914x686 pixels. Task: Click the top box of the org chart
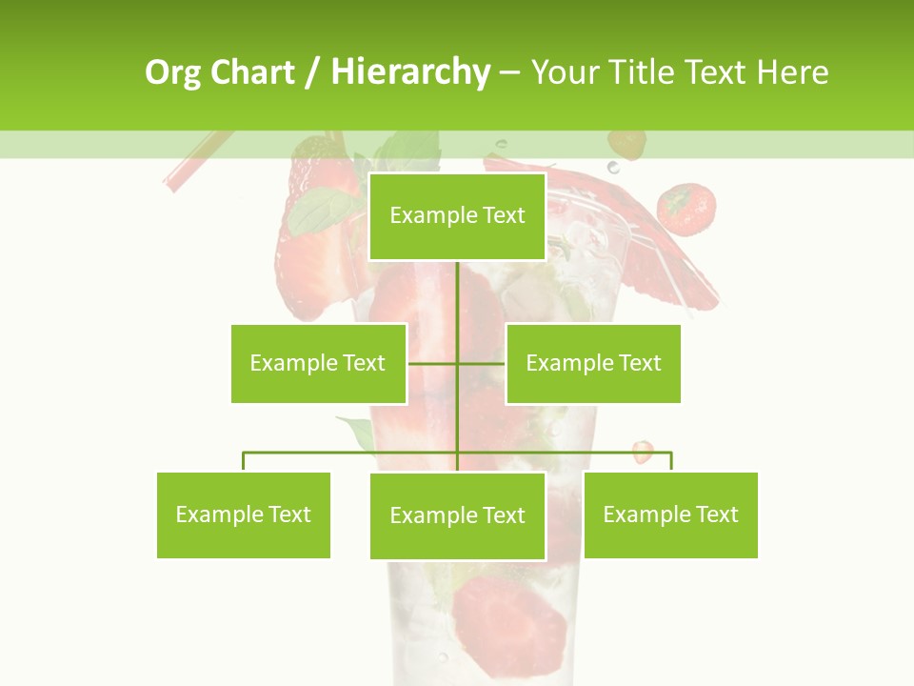point(457,216)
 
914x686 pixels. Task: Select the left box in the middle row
point(318,363)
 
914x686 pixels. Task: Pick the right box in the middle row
point(593,363)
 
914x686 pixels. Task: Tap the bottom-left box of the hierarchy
point(244,514)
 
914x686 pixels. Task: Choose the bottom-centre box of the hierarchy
point(457,515)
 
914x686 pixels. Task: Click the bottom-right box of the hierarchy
point(670,514)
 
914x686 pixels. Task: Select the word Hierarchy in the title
point(409,72)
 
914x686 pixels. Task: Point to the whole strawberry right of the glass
point(686,209)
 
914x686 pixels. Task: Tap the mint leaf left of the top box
point(322,212)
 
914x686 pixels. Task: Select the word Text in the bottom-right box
point(717,514)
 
